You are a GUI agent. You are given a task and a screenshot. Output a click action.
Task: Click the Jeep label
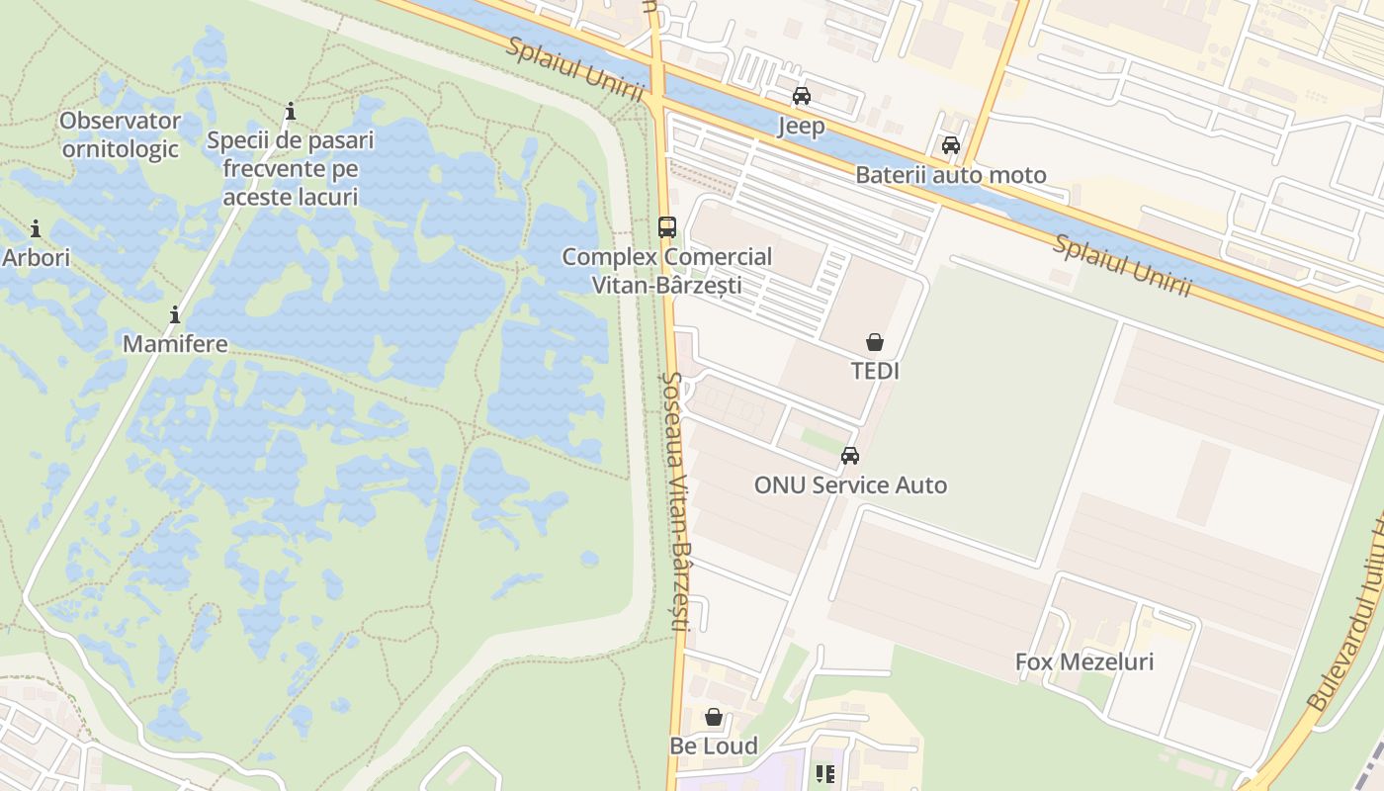[x=801, y=127]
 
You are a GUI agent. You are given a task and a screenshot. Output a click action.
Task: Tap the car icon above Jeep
[x=802, y=96]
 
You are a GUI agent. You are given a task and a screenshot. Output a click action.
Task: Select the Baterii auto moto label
[x=950, y=176]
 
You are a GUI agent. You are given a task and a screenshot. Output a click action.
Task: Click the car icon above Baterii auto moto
[x=951, y=145]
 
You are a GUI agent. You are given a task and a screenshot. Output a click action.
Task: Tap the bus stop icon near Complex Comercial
[x=667, y=226]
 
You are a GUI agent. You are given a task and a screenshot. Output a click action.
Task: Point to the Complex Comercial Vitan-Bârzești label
[x=667, y=271]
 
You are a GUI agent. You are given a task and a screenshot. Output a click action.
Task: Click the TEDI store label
[x=875, y=371]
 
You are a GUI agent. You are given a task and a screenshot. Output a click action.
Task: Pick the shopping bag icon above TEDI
[x=875, y=342]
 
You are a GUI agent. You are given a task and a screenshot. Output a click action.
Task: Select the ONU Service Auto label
[x=850, y=485]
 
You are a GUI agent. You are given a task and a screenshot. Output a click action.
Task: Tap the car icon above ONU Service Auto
[x=850, y=456]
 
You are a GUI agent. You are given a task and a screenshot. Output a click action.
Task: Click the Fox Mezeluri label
[x=1084, y=662]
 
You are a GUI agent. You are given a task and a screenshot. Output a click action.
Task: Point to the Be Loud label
[x=714, y=747]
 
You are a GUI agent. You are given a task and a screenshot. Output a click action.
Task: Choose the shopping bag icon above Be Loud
[x=714, y=716]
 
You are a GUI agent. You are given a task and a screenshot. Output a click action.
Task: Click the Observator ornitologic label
[x=121, y=134]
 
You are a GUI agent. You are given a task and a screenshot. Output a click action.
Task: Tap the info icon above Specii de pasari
[x=291, y=111]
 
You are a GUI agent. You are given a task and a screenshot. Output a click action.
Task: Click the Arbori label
[x=37, y=258]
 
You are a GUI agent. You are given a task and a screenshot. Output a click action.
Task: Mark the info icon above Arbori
[x=36, y=229]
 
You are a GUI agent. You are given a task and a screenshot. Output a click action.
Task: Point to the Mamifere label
[x=175, y=345]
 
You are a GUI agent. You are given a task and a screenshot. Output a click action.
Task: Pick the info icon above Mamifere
[x=175, y=315]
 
